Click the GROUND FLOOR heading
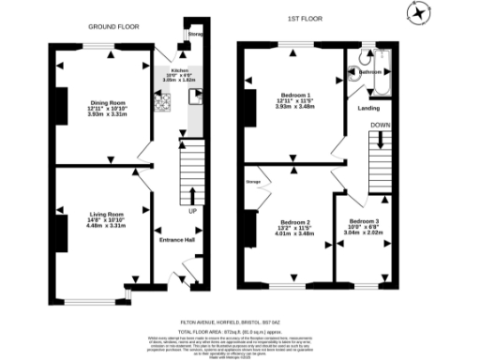[110, 28]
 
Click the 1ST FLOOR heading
[301, 18]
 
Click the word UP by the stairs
[193, 211]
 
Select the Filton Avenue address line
[240, 321]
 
